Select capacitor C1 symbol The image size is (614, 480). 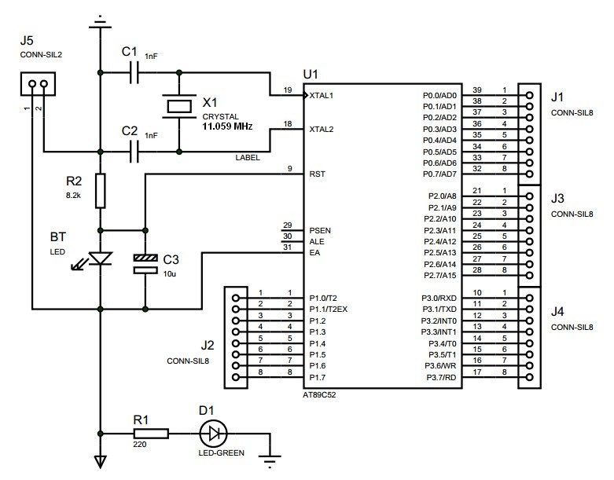[x=138, y=73]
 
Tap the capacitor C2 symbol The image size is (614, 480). [x=138, y=148]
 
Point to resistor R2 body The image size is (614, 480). [x=100, y=191]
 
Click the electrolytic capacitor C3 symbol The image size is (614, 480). [x=145, y=263]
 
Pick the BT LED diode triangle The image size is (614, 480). [x=100, y=258]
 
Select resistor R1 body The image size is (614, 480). [x=150, y=433]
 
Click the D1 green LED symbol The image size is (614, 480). [x=213, y=433]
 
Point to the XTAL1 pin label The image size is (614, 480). [x=322, y=96]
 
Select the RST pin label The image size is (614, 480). [x=317, y=174]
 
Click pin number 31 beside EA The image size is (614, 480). [x=289, y=249]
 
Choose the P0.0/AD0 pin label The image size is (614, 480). [x=439, y=96]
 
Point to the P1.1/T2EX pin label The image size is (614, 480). [x=329, y=310]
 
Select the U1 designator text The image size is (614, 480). [x=311, y=74]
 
